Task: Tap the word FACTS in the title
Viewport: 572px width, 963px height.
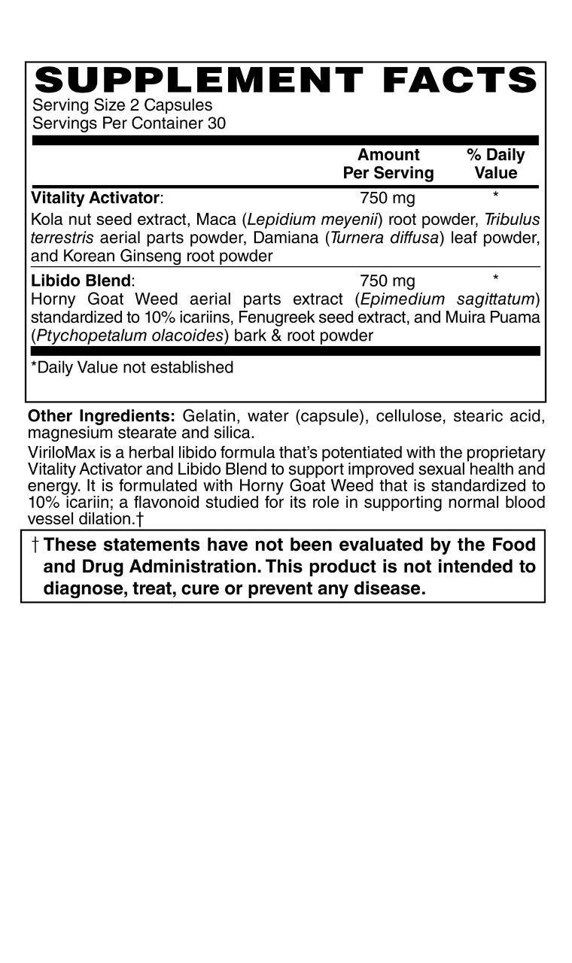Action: click(458, 80)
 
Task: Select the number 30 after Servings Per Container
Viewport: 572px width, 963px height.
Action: click(216, 123)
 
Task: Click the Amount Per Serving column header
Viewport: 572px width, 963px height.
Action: click(388, 164)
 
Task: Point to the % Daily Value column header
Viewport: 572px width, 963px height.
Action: click(495, 164)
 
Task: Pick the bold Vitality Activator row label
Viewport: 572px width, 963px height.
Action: click(96, 199)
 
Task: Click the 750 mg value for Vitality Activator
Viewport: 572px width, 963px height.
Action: click(388, 199)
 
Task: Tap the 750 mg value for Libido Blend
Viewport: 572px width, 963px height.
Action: click(388, 281)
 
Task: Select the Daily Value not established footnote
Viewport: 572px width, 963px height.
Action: click(132, 367)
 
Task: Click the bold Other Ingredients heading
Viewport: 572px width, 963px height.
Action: click(101, 416)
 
